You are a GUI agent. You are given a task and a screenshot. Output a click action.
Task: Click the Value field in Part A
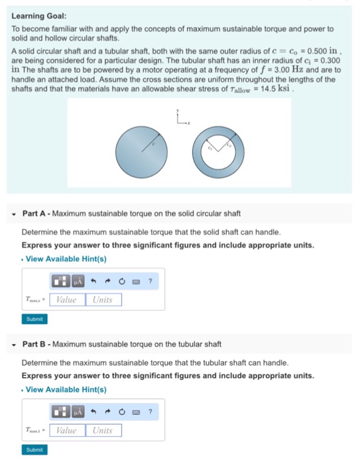tap(66, 300)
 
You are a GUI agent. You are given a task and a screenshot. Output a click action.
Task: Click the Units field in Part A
tap(103, 300)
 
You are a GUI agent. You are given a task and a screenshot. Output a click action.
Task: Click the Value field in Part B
tap(66, 430)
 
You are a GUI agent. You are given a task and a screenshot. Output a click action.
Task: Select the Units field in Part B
tap(103, 430)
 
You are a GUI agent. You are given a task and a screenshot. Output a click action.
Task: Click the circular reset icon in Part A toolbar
tap(123, 282)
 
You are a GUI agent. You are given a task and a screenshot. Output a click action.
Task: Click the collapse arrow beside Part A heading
tap(15, 214)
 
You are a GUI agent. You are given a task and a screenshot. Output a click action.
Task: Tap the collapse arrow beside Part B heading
tap(15, 345)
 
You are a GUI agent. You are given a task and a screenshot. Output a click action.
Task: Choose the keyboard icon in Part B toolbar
tap(137, 412)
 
